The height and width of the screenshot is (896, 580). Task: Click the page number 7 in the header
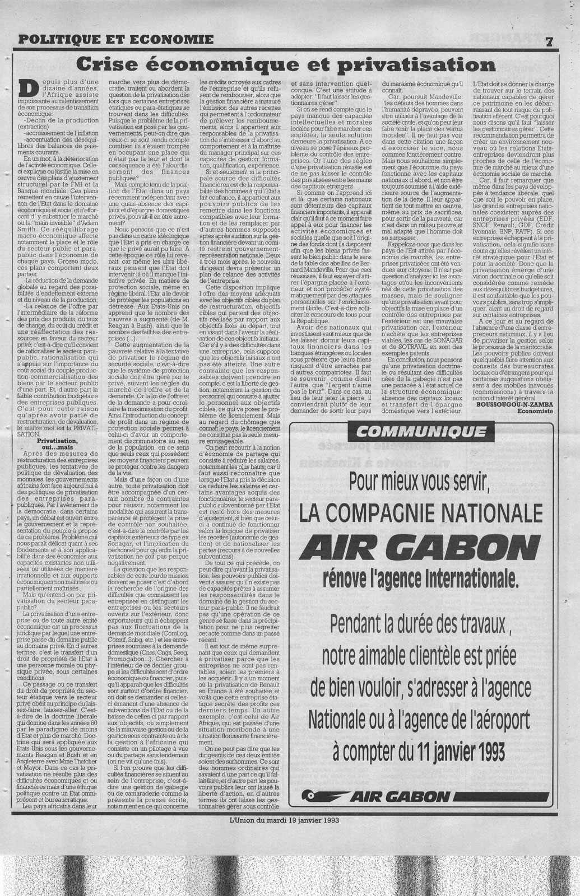tap(550, 41)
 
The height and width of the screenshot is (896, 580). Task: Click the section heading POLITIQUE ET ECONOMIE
tap(115, 39)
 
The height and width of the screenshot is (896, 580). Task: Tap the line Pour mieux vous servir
tap(421, 480)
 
